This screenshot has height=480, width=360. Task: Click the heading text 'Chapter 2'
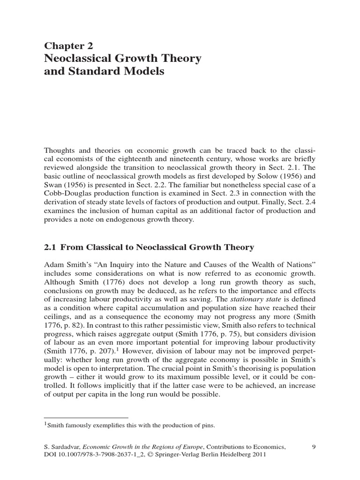pyautogui.click(x=68, y=45)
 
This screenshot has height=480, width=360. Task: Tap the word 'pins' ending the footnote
pyautogui.click(x=207, y=425)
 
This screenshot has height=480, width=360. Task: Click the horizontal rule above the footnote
pyautogui.click(x=86, y=417)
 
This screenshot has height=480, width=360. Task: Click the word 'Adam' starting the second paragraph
pyautogui.click(x=53, y=261)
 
